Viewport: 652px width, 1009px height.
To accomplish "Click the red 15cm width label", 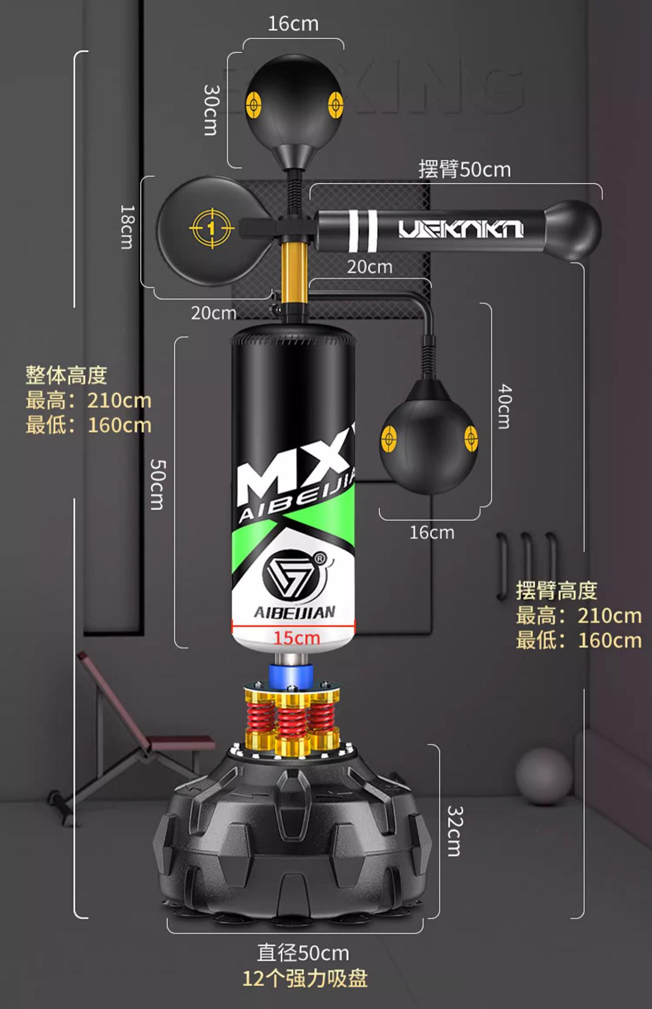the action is click(x=296, y=638).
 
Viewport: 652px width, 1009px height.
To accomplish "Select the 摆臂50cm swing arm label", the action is click(x=464, y=170).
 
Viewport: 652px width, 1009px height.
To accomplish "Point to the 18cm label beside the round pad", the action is click(x=127, y=226).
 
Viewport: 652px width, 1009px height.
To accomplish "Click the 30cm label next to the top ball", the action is click(x=211, y=110).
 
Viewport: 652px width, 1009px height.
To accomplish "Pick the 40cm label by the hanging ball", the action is click(x=504, y=406).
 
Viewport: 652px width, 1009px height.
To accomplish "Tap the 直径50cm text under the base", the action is click(x=303, y=952).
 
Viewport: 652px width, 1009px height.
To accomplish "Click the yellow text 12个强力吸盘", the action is click(x=305, y=979).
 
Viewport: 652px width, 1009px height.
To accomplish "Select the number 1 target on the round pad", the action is click(x=211, y=228).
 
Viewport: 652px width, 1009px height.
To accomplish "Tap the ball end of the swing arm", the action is click(x=573, y=230).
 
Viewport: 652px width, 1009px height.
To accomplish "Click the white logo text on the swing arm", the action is click(x=461, y=229).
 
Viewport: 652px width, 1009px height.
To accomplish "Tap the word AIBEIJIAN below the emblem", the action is click(x=294, y=612).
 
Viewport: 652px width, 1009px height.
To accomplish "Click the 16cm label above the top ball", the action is click(x=293, y=24).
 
